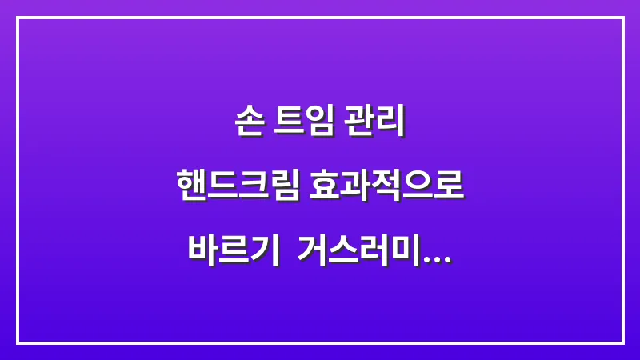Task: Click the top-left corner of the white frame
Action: (x=18, y=18)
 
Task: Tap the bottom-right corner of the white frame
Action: (x=622, y=342)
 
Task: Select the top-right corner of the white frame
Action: (x=622, y=18)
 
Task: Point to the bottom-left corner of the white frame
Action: (x=18, y=342)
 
